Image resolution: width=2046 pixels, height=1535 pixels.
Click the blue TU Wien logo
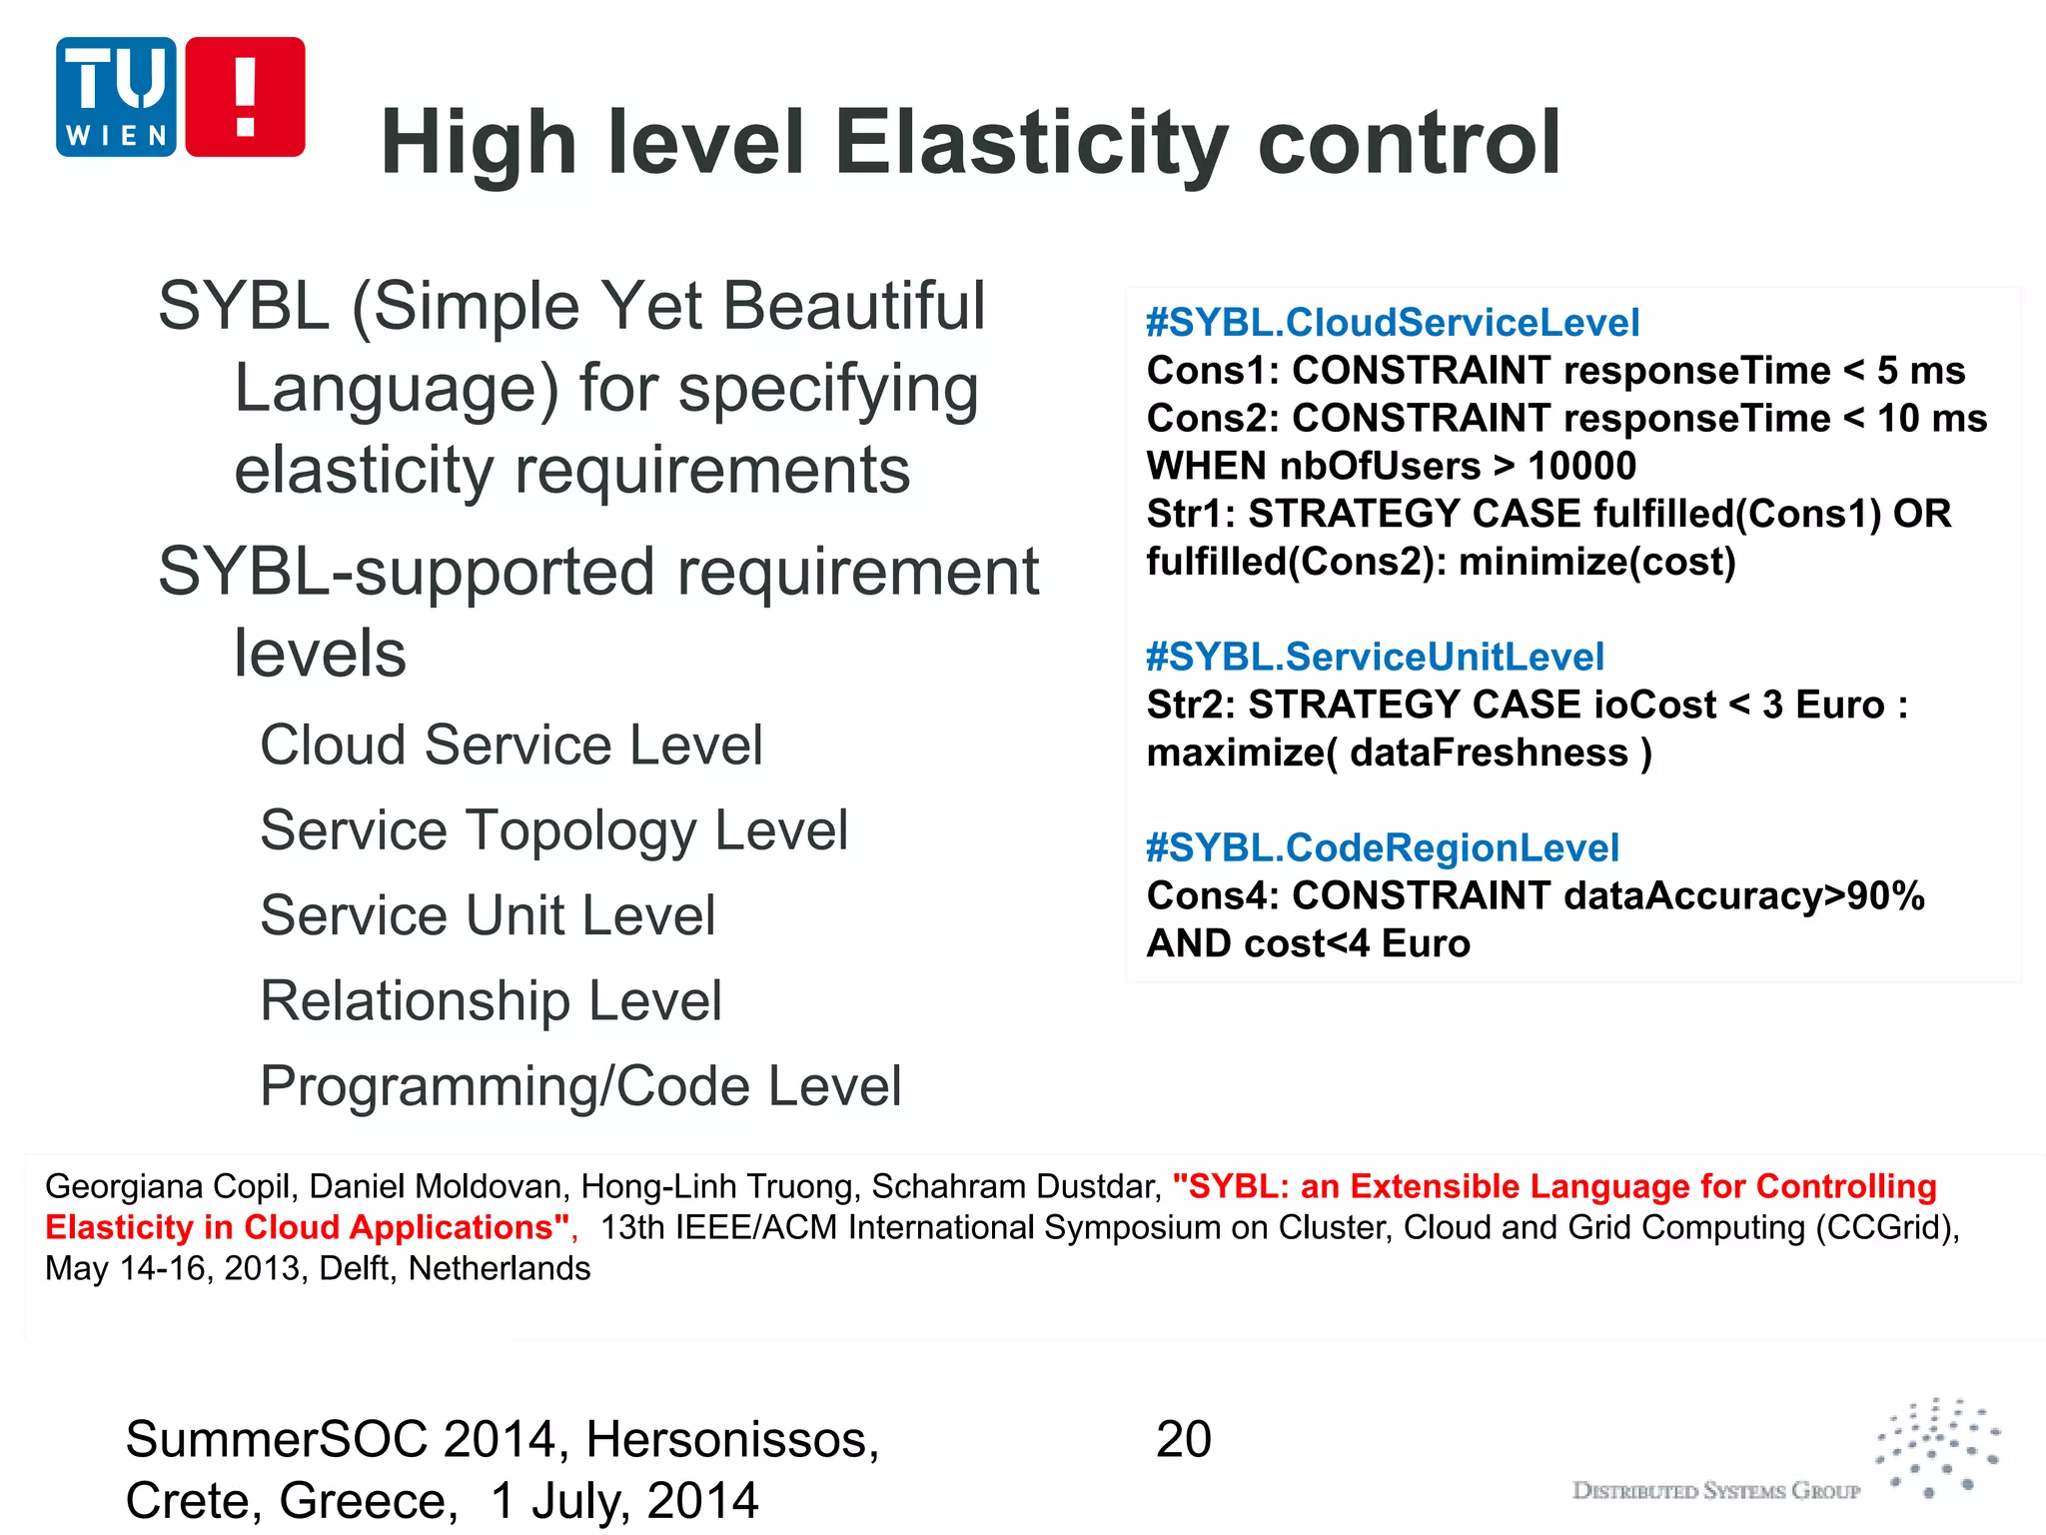pyautogui.click(x=116, y=97)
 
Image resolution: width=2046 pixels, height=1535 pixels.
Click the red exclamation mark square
pyautogui.click(x=245, y=97)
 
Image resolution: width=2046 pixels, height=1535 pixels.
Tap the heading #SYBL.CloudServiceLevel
pyautogui.click(x=1392, y=323)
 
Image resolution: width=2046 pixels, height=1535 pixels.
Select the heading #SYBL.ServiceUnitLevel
pyautogui.click(x=1375, y=657)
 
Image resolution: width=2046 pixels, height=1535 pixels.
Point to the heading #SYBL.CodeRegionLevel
pyautogui.click(x=1382, y=847)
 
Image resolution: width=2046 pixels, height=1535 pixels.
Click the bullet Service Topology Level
pyautogui.click(x=553, y=830)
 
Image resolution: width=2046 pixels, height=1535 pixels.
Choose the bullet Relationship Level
pyautogui.click(x=491, y=1000)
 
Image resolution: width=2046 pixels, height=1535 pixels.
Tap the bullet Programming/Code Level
pyautogui.click(x=580, y=1086)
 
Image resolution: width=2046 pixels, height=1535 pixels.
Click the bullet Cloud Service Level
pyautogui.click(x=511, y=746)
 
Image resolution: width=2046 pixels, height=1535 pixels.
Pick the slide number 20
pyautogui.click(x=1183, y=1440)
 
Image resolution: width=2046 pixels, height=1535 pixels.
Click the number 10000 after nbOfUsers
pyautogui.click(x=1582, y=466)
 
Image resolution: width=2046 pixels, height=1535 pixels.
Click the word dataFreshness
pyautogui.click(x=1489, y=753)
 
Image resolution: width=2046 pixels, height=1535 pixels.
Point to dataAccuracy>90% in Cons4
pyautogui.click(x=1743, y=895)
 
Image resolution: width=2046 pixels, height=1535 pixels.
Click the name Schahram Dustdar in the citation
pyautogui.click(x=1016, y=1186)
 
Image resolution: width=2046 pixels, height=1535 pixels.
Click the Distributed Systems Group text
pyautogui.click(x=1716, y=1491)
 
